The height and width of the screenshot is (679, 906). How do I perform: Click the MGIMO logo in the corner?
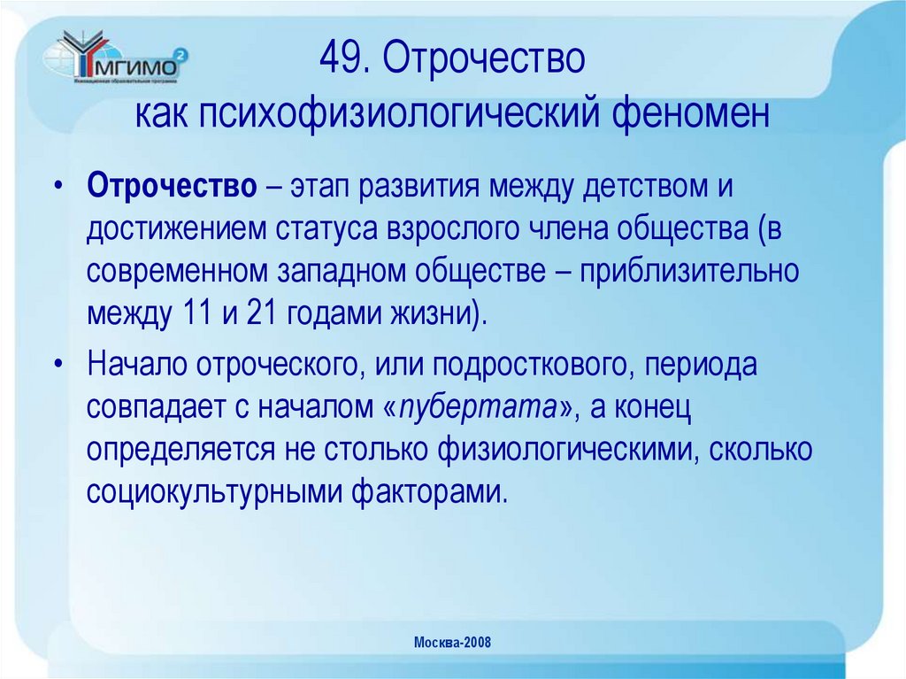coord(120,59)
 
